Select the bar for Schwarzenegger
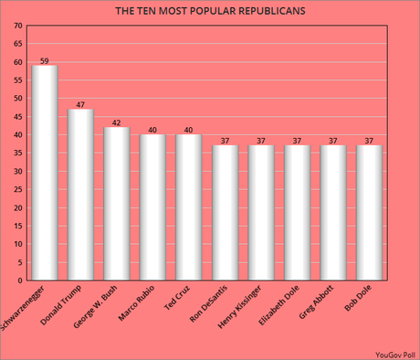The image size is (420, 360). pyautogui.click(x=45, y=173)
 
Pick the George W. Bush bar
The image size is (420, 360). pyautogui.click(x=116, y=204)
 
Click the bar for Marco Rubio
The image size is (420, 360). pyautogui.click(x=152, y=207)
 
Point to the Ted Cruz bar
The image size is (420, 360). pyautogui.click(x=188, y=207)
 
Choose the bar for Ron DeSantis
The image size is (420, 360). pyautogui.click(x=225, y=213)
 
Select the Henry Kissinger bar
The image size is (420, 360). pyautogui.click(x=260, y=213)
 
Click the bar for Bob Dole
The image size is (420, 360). pyautogui.click(x=368, y=213)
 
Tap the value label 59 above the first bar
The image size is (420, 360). pyautogui.click(x=45, y=60)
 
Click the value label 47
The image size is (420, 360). pyautogui.click(x=80, y=104)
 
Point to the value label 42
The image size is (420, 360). pyautogui.click(x=116, y=122)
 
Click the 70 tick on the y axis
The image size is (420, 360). pyautogui.click(x=18, y=26)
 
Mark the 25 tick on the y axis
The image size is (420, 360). pyautogui.click(x=18, y=190)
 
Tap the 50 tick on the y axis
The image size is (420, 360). pyautogui.click(x=18, y=99)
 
